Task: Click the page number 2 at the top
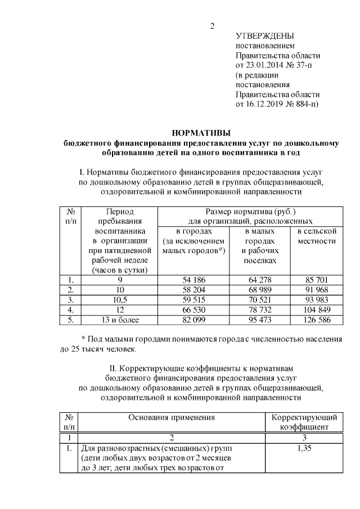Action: [x=212, y=26]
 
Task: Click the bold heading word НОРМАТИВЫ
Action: [x=201, y=133]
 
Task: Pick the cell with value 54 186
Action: [x=193, y=280]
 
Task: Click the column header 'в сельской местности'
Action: [x=317, y=236]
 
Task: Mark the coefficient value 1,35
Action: [x=304, y=448]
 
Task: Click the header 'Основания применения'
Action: [x=172, y=418]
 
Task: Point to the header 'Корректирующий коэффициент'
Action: [x=304, y=422]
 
